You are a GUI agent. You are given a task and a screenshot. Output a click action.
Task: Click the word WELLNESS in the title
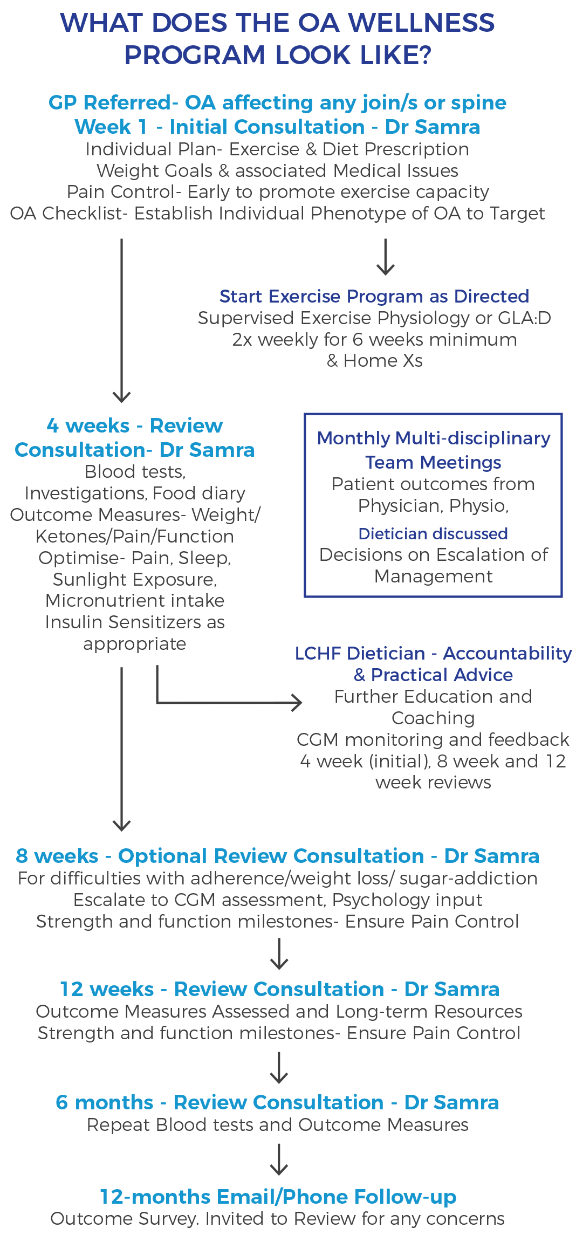[421, 23]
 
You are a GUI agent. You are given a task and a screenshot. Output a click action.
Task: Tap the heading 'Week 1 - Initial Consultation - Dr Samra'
[277, 127]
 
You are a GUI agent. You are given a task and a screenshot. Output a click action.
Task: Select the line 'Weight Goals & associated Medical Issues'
[277, 170]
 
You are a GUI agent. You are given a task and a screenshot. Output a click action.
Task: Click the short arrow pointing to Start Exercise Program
[385, 257]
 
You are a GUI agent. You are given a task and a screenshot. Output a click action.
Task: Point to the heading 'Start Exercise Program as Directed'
[374, 296]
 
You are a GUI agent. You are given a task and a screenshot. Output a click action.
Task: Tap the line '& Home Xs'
[374, 360]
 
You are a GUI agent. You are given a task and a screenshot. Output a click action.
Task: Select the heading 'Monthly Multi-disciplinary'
[434, 438]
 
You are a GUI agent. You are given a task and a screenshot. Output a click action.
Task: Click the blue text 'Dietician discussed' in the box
[433, 533]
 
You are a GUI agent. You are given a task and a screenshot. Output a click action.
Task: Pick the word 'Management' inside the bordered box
[433, 576]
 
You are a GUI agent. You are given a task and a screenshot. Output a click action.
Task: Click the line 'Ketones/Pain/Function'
[135, 536]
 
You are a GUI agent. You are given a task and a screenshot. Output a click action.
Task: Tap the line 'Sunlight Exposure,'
[135, 579]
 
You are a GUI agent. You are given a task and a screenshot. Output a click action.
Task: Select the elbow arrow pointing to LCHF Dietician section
[227, 702]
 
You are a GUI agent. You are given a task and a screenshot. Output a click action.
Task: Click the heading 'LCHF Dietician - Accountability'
[433, 653]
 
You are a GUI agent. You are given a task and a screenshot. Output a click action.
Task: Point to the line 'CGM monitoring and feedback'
[433, 739]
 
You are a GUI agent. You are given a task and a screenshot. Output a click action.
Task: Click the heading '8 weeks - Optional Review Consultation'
[277, 856]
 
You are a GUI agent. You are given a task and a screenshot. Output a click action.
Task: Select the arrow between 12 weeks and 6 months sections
[278, 1067]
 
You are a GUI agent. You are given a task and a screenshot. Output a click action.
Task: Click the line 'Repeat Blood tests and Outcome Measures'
[277, 1124]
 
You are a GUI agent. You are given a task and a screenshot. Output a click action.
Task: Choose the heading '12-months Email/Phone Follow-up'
[278, 1197]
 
